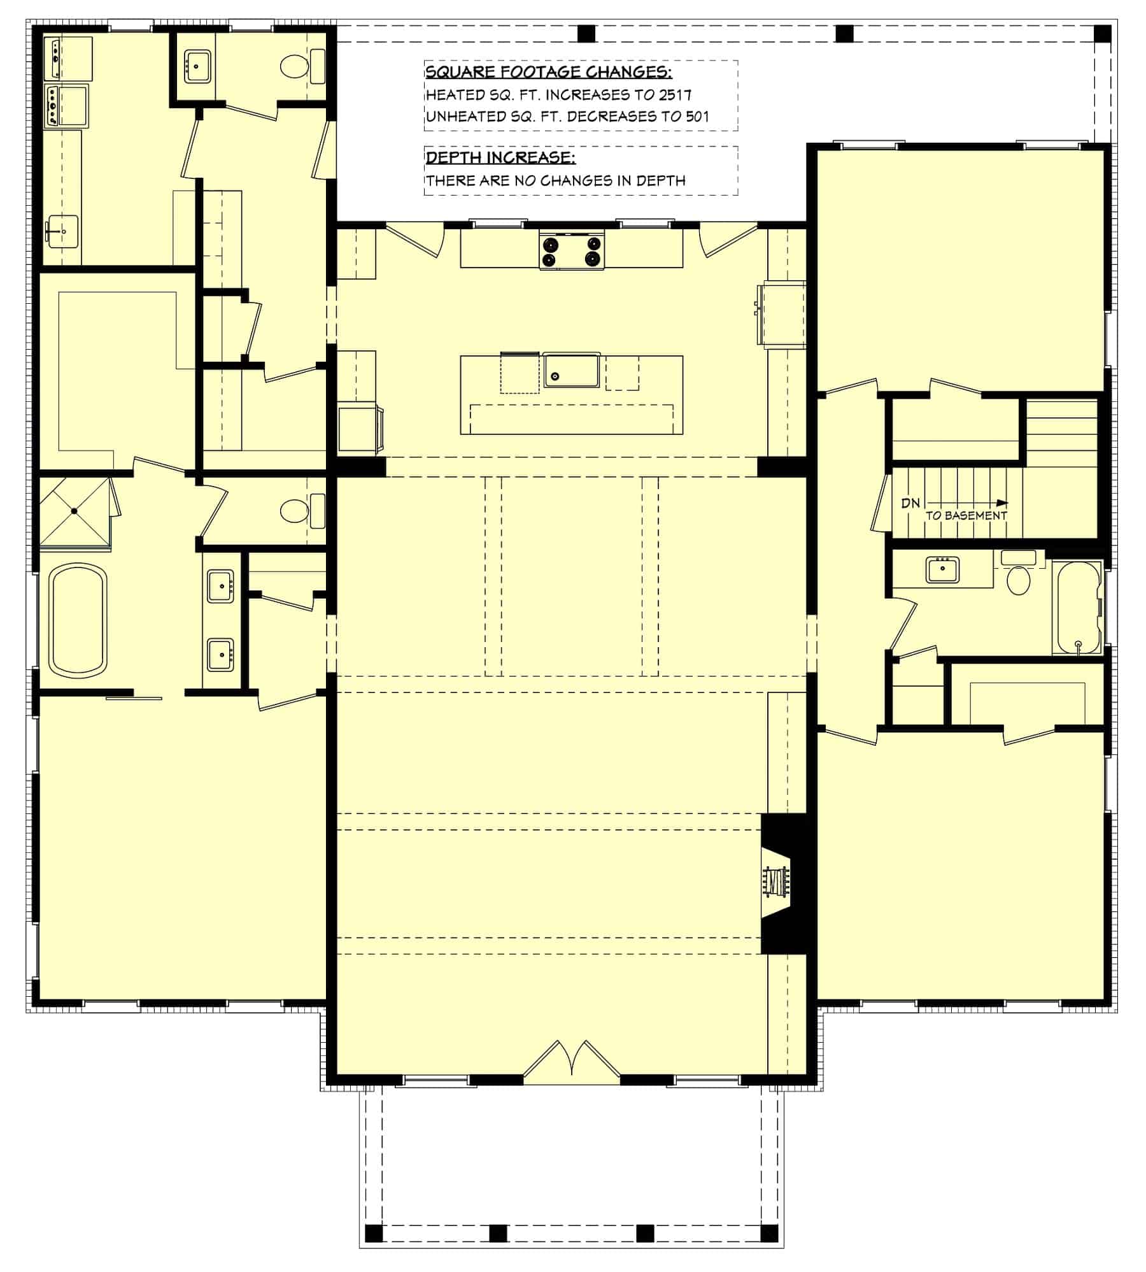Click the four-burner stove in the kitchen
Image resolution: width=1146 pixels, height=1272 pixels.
point(572,250)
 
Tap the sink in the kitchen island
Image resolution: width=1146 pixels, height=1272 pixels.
point(571,371)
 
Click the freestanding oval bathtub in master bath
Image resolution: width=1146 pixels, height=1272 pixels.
point(78,620)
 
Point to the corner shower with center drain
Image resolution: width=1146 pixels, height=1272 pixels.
point(74,511)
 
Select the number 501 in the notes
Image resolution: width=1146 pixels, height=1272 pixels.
point(697,117)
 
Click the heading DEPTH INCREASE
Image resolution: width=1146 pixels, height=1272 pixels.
point(500,157)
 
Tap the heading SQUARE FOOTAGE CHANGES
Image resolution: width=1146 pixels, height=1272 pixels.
point(548,71)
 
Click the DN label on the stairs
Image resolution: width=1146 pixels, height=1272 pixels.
point(910,503)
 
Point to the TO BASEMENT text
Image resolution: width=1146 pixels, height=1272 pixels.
point(966,516)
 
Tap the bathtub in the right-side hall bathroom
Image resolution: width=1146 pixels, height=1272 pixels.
point(1077,608)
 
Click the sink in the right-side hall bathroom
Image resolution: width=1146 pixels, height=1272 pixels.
point(943,569)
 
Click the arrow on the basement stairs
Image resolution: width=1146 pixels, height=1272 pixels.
point(968,503)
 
